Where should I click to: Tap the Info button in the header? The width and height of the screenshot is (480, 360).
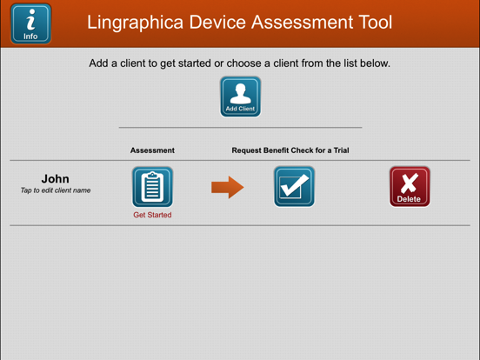click(30, 23)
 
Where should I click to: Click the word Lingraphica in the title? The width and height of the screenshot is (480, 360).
click(132, 23)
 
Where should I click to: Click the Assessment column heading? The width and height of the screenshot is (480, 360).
click(152, 150)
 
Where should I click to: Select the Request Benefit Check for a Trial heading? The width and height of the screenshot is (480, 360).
click(290, 150)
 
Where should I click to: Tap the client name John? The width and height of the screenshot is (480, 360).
click(55, 179)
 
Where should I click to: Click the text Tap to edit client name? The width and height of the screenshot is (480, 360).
click(55, 190)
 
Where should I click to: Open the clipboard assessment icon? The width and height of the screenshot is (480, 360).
click(152, 186)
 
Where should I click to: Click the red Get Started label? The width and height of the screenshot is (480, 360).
click(152, 215)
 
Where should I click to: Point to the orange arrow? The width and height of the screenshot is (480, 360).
click(227, 187)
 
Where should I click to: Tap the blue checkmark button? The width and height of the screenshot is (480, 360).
click(294, 186)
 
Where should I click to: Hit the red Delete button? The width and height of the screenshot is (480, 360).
click(409, 186)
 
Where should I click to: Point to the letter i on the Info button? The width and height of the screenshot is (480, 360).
click(30, 19)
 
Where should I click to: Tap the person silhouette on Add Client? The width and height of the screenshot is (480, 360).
click(240, 91)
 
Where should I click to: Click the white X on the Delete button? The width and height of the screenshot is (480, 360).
click(409, 182)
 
